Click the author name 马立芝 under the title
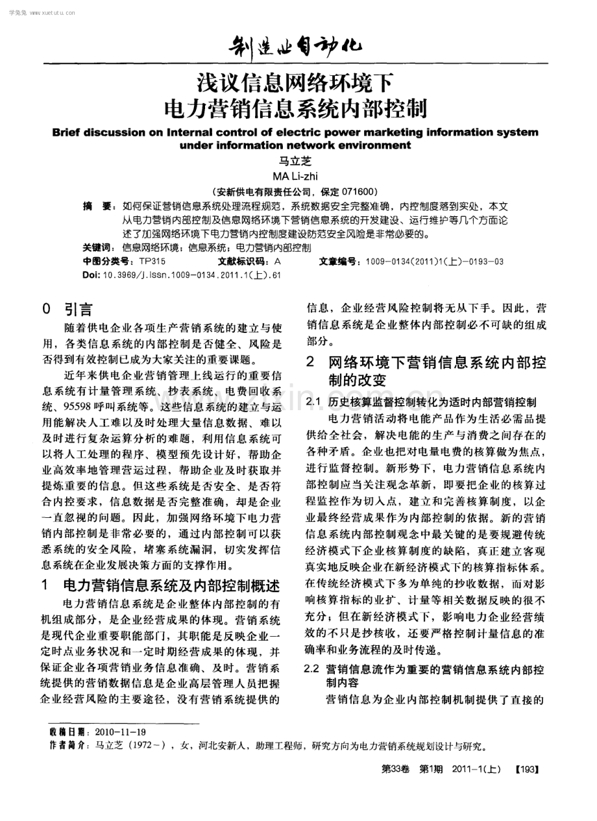[298, 162]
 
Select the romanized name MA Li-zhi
[298, 176]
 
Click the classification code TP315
[152, 261]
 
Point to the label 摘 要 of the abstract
[96, 206]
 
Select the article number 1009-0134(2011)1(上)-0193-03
[434, 261]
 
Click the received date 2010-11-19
[120, 731]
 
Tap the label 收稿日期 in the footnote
[67, 731]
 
